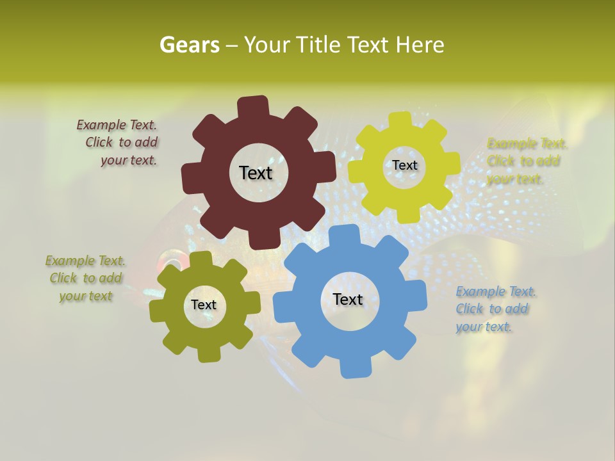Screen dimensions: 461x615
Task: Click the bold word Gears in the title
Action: (189, 45)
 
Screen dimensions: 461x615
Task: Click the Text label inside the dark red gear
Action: (256, 173)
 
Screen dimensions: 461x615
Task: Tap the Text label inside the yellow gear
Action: (404, 165)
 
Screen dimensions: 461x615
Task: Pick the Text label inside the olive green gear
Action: (204, 305)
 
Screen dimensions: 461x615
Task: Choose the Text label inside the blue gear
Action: (348, 299)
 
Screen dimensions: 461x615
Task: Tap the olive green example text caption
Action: (85, 279)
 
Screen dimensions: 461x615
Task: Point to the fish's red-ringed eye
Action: (170, 261)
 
